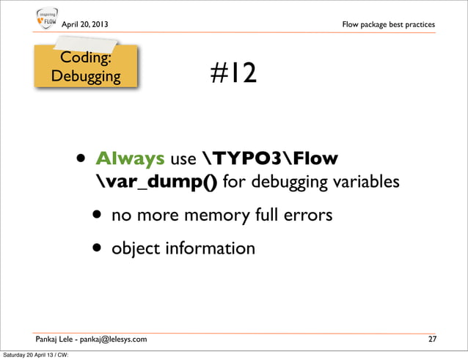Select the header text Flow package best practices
(388, 25)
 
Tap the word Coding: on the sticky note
(85, 58)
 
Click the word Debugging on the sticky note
(86, 76)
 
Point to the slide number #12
(233, 73)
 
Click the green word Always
(130, 159)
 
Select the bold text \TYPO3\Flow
(270, 159)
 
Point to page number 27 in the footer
(433, 339)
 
